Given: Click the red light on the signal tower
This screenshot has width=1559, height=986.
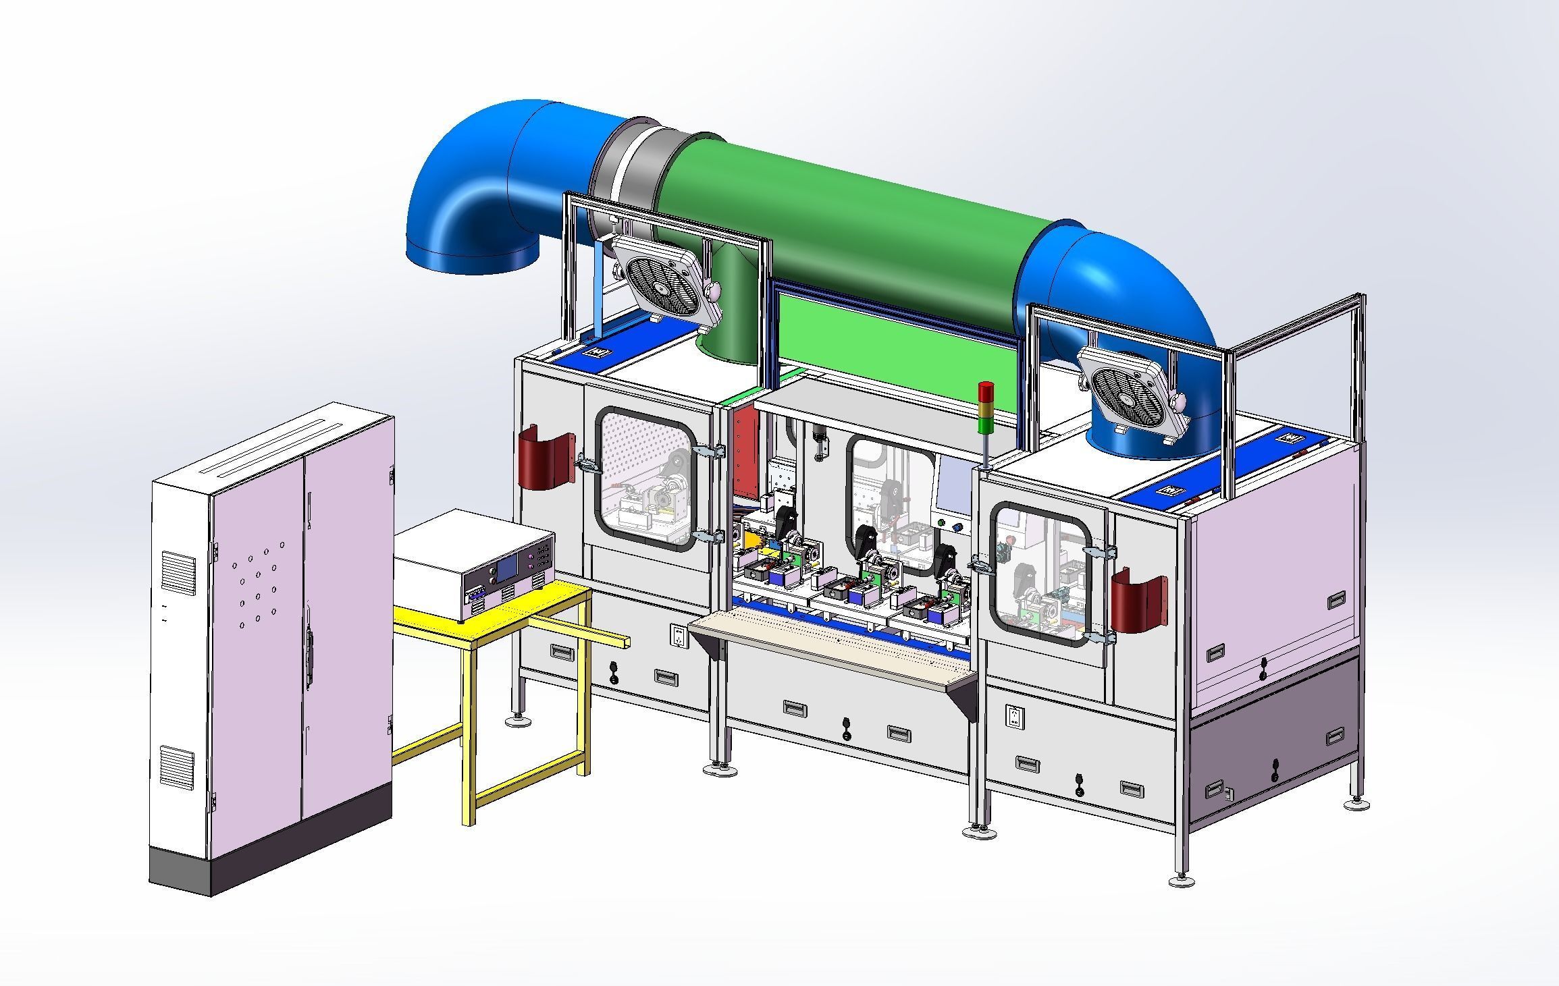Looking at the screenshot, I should pos(986,389).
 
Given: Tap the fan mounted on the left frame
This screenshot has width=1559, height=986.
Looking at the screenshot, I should pos(664,283).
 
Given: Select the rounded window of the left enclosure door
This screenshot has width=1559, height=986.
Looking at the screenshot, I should pos(645,478).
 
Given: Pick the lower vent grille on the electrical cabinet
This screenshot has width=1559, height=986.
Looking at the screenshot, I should pos(176,766).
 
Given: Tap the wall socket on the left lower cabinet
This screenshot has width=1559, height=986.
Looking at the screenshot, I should pos(678,635).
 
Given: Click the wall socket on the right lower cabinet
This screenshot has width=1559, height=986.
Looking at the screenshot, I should pos(1013,717).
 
